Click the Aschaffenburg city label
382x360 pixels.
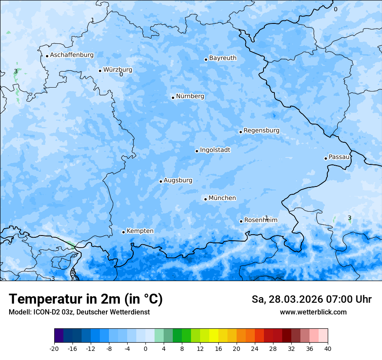point(72,55)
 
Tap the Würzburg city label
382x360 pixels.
point(118,69)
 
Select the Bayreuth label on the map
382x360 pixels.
point(223,58)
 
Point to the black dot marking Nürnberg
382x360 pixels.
point(173,98)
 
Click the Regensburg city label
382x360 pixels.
point(261,131)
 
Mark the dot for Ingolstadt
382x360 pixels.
point(197,151)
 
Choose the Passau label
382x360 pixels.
point(339,157)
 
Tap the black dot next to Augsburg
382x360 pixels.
point(161,181)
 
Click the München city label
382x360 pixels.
point(222,198)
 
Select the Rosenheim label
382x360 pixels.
point(260,220)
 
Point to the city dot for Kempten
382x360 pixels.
point(123,232)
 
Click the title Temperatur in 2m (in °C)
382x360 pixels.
point(86,299)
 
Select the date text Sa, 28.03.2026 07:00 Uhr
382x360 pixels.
point(311,300)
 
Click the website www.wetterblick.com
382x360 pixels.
point(313,312)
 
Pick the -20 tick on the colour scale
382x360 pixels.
point(54,349)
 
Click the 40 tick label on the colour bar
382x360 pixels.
point(327,349)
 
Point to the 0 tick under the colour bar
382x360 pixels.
point(145,349)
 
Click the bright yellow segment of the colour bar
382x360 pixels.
point(214,336)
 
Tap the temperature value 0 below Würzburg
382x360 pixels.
point(121,75)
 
